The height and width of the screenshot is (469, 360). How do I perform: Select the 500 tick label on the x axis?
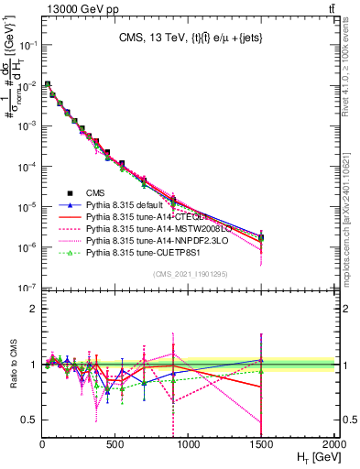[115, 445]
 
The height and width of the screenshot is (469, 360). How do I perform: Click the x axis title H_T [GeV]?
[311, 458]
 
